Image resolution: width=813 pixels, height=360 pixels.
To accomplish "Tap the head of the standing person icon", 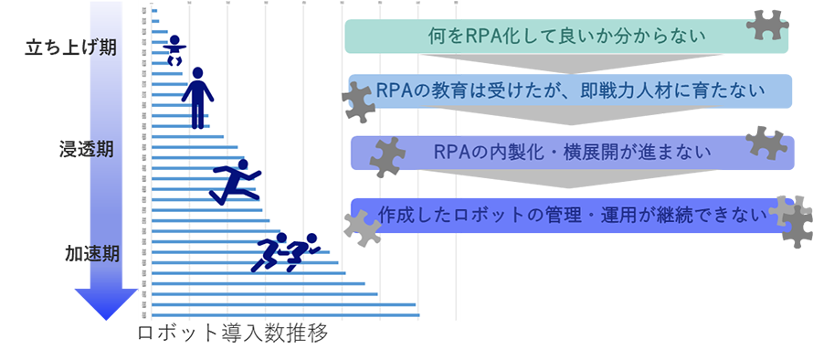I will point(197,74).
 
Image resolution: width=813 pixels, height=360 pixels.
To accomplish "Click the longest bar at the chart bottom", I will point(283,315).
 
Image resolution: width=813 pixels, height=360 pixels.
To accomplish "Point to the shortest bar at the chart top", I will point(153,11).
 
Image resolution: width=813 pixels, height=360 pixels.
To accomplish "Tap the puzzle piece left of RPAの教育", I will point(357,101).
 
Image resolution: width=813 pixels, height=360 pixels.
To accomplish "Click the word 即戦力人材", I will point(649,92).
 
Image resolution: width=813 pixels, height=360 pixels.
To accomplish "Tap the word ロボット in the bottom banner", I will point(507,215).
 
